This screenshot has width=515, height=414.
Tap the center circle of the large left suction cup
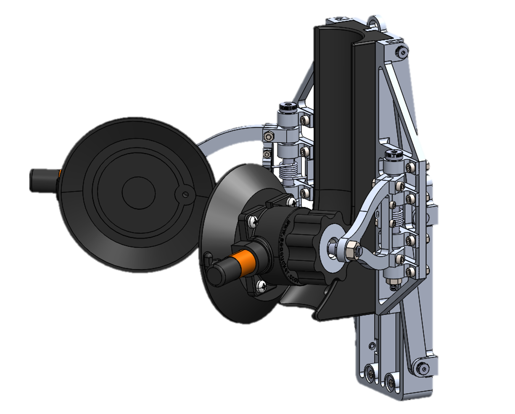(x=135, y=191)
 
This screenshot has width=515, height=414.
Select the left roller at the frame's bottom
(x=370, y=372)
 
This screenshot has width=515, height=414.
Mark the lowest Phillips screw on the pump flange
(x=261, y=287)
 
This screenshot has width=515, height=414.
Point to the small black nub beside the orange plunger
(x=207, y=256)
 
